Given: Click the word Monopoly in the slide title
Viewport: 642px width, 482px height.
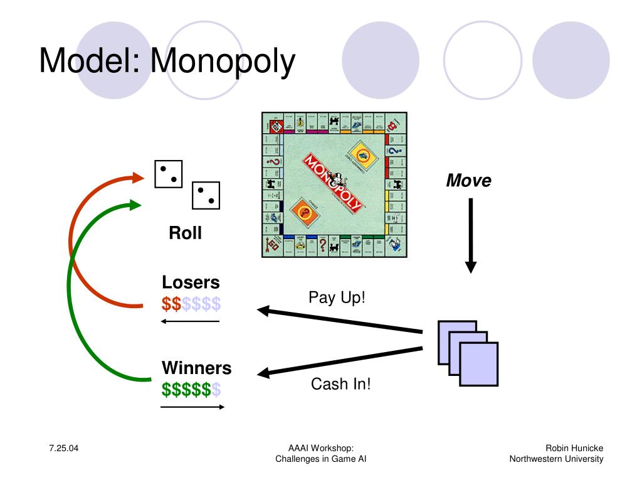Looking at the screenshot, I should (x=223, y=62).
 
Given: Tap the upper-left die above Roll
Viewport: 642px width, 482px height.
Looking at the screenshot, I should (x=168, y=174).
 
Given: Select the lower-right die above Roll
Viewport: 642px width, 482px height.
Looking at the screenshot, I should (x=206, y=196).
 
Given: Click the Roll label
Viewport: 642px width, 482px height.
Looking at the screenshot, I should (x=185, y=233).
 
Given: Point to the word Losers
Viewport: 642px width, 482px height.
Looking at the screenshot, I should (x=191, y=282).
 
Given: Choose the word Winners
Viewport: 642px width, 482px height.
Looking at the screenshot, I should (x=196, y=368).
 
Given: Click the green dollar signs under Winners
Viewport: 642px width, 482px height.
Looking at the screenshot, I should (x=186, y=390).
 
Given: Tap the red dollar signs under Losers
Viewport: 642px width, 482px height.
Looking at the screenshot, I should (x=171, y=304).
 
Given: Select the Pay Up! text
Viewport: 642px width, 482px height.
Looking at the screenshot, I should (x=337, y=297).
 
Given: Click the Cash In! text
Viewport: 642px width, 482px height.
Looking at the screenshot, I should (x=341, y=383).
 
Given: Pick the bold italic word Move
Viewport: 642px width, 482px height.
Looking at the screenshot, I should (x=468, y=181).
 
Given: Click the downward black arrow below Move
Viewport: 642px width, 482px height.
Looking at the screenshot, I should (x=471, y=235).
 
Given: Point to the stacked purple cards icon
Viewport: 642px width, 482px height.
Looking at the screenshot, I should (x=468, y=353).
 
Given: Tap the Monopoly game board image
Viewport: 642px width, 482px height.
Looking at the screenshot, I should (x=334, y=185).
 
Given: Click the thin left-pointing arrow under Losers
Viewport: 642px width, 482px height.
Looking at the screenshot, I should (x=190, y=321).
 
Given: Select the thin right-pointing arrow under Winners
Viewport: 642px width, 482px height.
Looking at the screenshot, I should (x=192, y=407).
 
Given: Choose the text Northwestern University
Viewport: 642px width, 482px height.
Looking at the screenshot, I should (x=556, y=459).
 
